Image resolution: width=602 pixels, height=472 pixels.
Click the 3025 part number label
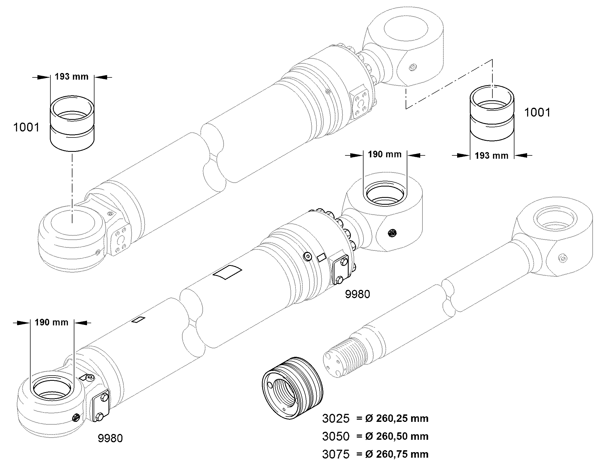click(x=336, y=419)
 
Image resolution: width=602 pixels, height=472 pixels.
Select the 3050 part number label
click(x=336, y=436)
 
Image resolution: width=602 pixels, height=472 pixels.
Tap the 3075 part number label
click(x=336, y=454)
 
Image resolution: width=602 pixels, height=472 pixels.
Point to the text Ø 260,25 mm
click(x=397, y=419)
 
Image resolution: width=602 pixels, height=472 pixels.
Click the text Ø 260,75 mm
click(x=397, y=454)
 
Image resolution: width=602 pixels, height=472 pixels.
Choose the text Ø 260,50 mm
click(x=397, y=436)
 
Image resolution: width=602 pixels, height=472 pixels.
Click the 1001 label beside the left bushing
click(x=26, y=127)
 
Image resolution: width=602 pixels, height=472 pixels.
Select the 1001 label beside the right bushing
click(x=537, y=112)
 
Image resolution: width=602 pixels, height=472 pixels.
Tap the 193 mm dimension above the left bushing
click(x=72, y=76)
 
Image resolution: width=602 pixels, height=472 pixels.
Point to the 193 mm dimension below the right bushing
click(x=492, y=156)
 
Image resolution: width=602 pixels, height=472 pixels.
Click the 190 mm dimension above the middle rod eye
click(x=385, y=154)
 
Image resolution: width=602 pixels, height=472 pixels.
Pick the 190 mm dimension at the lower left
click(x=51, y=322)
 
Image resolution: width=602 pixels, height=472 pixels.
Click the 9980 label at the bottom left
click(x=110, y=438)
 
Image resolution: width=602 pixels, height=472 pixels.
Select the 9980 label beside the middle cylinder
click(x=357, y=294)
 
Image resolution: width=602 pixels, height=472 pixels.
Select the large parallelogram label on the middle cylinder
click(x=228, y=272)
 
